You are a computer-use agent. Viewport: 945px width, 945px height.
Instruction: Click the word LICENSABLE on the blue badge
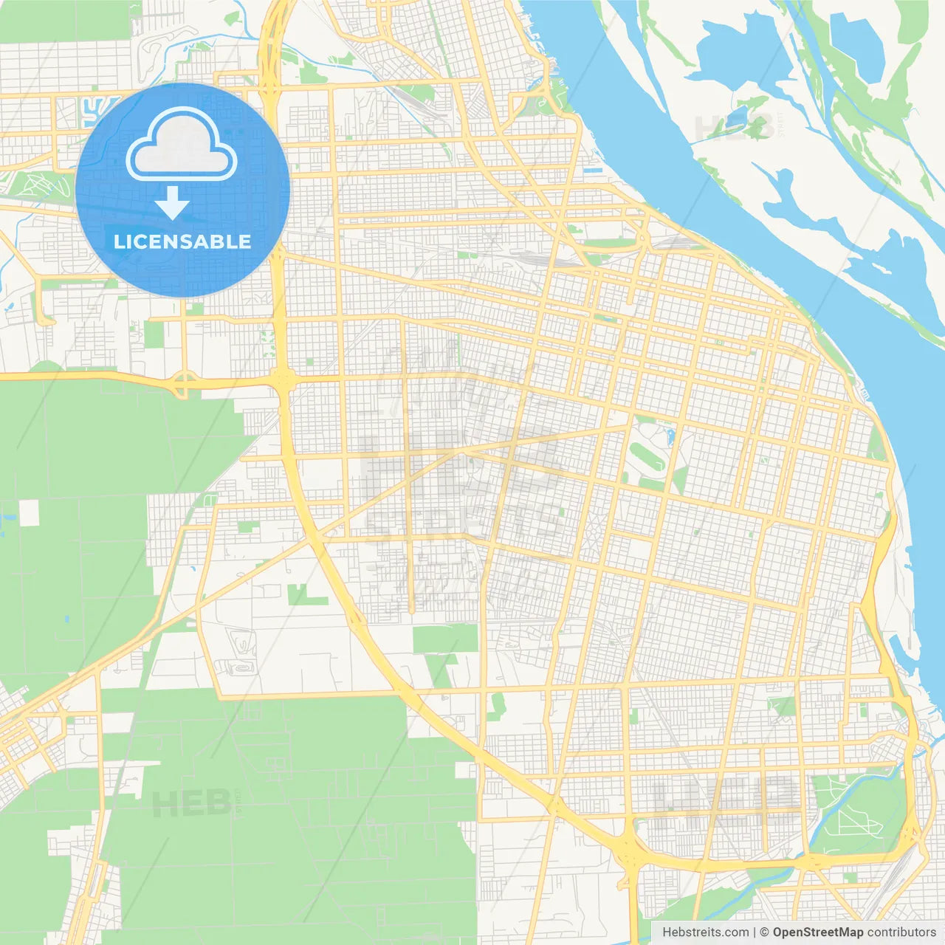click(182, 241)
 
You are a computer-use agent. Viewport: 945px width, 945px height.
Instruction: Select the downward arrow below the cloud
click(172, 203)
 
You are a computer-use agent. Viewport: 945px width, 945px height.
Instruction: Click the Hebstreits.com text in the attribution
click(705, 932)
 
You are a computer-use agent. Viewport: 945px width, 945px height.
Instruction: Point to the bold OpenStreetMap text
click(817, 932)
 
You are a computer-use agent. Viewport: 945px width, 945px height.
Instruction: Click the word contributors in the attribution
click(901, 932)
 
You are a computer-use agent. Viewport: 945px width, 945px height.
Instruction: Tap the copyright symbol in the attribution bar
click(764, 932)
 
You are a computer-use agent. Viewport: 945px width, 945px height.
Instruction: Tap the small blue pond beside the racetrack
click(670, 436)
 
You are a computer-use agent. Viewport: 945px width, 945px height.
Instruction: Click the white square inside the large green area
click(29, 512)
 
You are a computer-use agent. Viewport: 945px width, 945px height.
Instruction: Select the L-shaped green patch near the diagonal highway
click(303, 595)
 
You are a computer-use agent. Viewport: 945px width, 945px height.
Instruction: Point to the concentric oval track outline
click(241, 668)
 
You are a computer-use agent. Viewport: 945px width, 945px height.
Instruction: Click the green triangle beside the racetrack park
click(680, 480)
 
